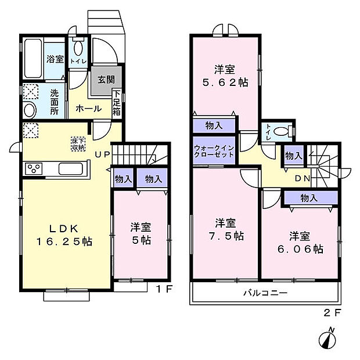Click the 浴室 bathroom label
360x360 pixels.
[55, 59]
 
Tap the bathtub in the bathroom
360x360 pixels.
[33, 59]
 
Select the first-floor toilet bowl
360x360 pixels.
[78, 47]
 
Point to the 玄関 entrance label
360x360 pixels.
[106, 80]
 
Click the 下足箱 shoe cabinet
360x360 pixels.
[117, 103]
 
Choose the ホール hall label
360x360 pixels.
[89, 109]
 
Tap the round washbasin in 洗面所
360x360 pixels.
[30, 110]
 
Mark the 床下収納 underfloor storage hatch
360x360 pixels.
[78, 144]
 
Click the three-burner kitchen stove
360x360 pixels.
[34, 168]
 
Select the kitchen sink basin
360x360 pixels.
[70, 168]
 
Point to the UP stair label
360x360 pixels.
[102, 154]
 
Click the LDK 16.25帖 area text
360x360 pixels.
[64, 235]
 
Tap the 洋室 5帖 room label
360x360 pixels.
[141, 233]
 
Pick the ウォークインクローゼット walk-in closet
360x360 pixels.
[214, 150]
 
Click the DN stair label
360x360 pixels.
[303, 178]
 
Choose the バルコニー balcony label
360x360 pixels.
[265, 293]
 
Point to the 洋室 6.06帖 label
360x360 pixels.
[301, 243]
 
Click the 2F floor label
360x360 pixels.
[332, 313]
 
